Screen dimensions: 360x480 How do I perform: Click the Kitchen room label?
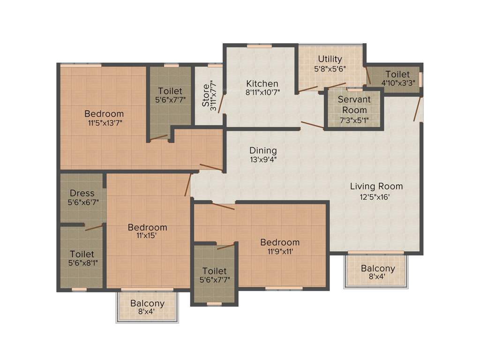pos(262,83)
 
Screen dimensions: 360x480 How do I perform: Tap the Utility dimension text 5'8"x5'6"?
pos(330,68)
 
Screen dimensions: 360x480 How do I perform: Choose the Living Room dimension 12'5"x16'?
pos(376,196)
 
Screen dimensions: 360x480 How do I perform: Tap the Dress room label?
pos(82,193)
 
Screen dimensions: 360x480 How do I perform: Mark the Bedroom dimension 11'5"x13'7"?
pos(104,123)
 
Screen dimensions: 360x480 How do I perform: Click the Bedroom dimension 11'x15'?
pos(147,236)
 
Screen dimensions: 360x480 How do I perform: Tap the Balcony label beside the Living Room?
pos(378,269)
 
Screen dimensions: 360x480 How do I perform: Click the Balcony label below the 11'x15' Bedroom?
pos(147,303)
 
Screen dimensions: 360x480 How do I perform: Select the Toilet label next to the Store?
pos(170,91)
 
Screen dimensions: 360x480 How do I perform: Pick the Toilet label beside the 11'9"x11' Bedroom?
pos(214,271)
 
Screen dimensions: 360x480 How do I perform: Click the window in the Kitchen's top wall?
pos(260,45)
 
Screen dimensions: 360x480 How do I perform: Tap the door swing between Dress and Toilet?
pos(94,227)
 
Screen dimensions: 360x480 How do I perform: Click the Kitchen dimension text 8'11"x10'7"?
pos(262,92)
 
